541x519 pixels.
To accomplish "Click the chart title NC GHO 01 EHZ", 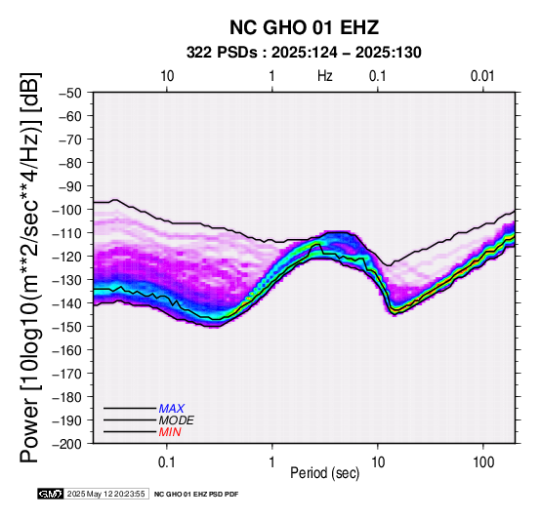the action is (x=304, y=27).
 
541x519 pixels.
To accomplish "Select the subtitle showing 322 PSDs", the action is (x=304, y=53).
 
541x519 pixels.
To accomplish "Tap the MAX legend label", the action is (x=172, y=409).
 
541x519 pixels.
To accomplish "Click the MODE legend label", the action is (x=177, y=420).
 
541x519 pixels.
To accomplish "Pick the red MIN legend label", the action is (x=170, y=432).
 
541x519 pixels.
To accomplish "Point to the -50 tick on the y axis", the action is (x=70, y=93).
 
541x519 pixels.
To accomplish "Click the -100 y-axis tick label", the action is (x=67, y=210).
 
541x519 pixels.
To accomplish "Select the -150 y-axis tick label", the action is (x=67, y=327).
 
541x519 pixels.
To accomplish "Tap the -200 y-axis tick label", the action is (x=67, y=444).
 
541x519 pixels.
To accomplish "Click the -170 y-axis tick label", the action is (x=67, y=374).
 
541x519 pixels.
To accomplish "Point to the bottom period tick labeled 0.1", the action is (x=167, y=462).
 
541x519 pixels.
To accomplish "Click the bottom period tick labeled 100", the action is (x=483, y=462).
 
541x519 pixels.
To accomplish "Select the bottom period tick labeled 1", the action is (x=272, y=462).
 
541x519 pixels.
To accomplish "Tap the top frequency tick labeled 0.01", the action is (x=482, y=76).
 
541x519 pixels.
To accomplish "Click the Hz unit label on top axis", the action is (x=325, y=76).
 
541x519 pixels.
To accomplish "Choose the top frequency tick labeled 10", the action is (x=167, y=76).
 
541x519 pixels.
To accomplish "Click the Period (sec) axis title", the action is (x=325, y=473).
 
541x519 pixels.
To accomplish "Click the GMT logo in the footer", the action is (x=51, y=494).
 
